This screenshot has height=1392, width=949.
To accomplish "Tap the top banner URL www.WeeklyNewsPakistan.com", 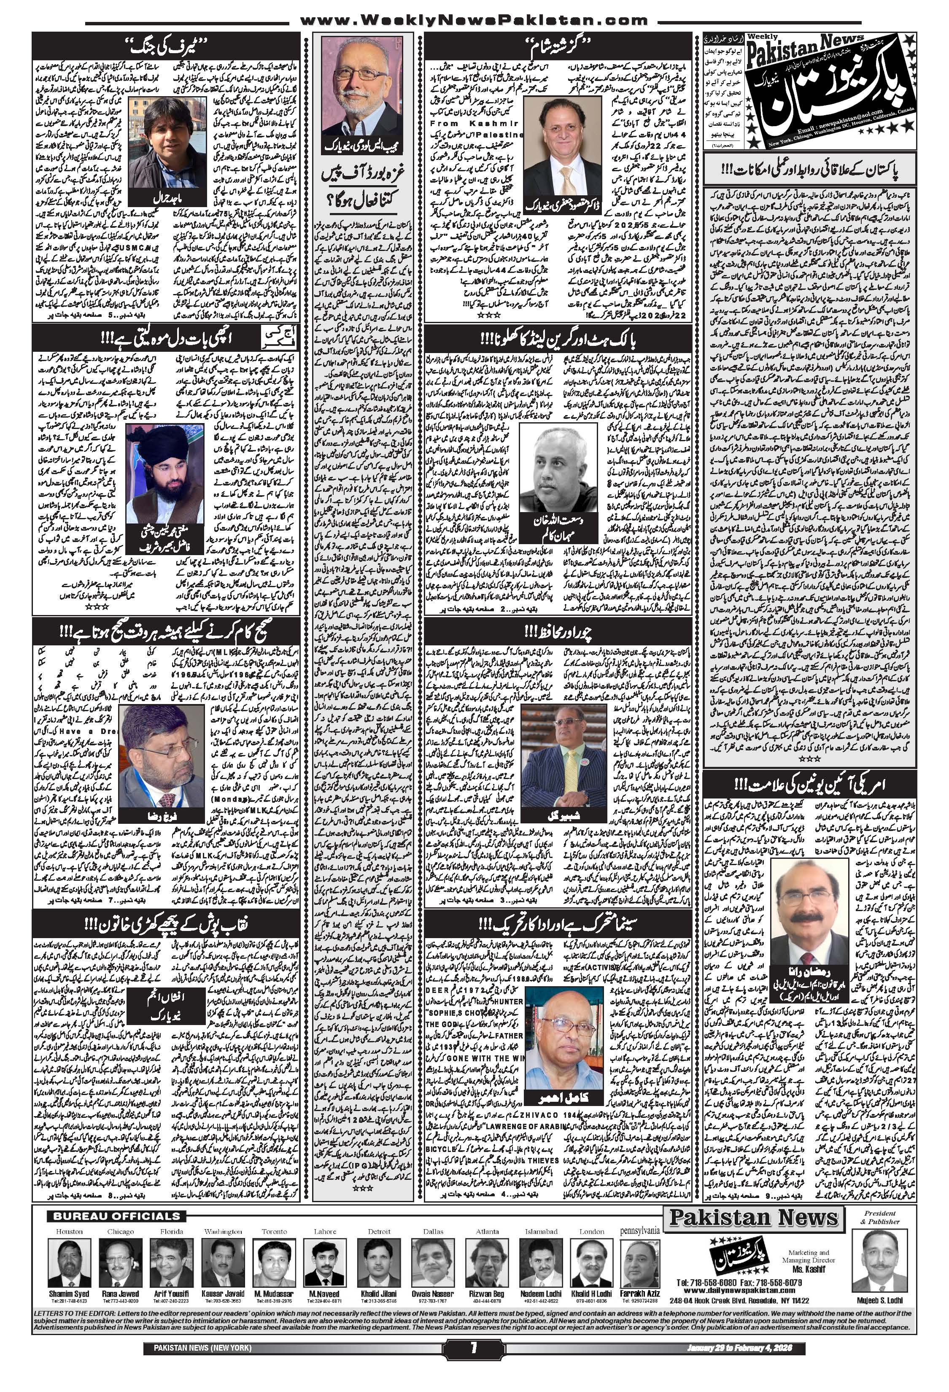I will (x=473, y=20).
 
